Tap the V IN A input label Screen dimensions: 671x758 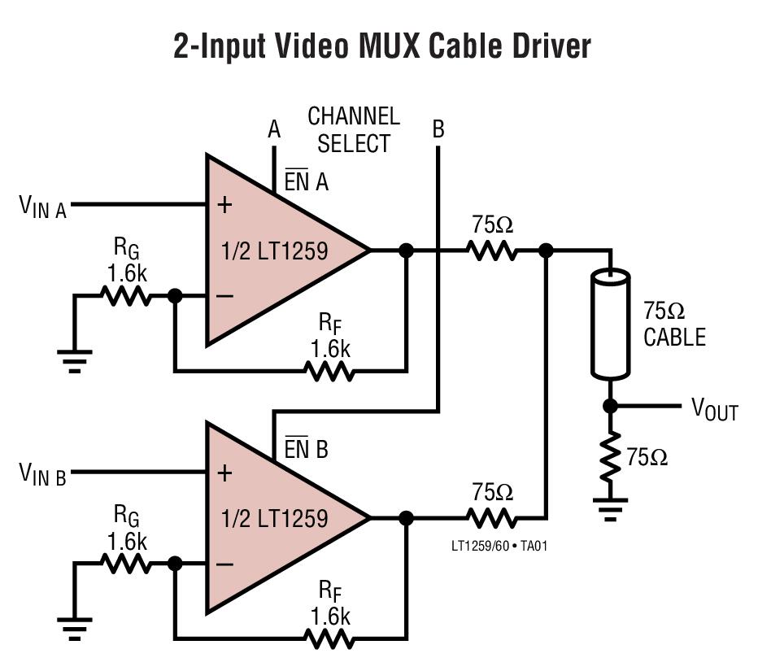pyautogui.click(x=42, y=207)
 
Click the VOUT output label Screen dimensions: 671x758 pyautogui.click(x=714, y=409)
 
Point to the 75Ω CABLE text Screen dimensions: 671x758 pyautogui.click(x=674, y=325)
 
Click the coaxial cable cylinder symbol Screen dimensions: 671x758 pyautogui.click(x=610, y=324)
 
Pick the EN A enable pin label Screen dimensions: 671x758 pyautogui.click(x=306, y=182)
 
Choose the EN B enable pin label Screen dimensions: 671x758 pyautogui.click(x=306, y=449)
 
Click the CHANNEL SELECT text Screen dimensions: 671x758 pyautogui.click(x=354, y=130)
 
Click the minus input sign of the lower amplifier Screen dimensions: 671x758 pyautogui.click(x=224, y=564)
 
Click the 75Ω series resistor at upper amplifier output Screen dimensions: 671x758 pyautogui.click(x=492, y=251)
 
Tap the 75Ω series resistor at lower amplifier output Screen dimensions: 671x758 pyautogui.click(x=492, y=517)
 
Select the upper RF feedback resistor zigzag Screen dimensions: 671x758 pyautogui.click(x=329, y=371)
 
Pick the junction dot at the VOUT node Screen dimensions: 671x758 pyautogui.click(x=610, y=406)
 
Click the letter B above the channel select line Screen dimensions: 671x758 pyautogui.click(x=438, y=129)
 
